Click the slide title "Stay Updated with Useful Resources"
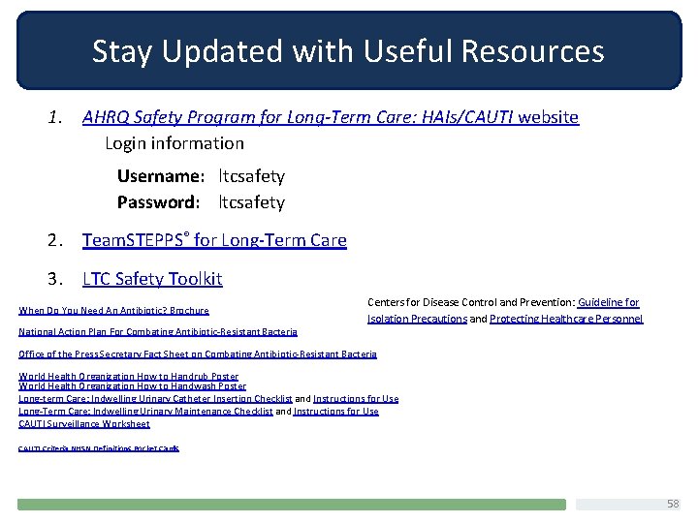pyautogui.click(x=348, y=51)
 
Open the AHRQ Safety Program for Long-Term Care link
pyautogui.click(x=330, y=117)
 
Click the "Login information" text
pyautogui.click(x=174, y=143)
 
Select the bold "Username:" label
pyautogui.click(x=160, y=176)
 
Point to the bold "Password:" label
pyautogui.click(x=158, y=202)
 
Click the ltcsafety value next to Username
pyautogui.click(x=251, y=176)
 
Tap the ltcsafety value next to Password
pyautogui.click(x=251, y=202)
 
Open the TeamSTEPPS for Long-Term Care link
pyautogui.click(x=214, y=240)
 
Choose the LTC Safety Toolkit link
pyautogui.click(x=152, y=279)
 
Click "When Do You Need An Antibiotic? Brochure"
pyautogui.click(x=113, y=310)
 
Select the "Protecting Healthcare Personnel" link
pyautogui.click(x=566, y=319)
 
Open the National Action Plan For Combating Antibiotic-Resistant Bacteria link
pyautogui.click(x=158, y=331)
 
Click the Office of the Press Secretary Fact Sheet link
pyautogui.click(x=198, y=354)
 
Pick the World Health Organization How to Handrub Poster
pyautogui.click(x=129, y=376)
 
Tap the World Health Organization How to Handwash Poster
pyautogui.click(x=133, y=385)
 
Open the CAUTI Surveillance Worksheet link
pyautogui.click(x=84, y=423)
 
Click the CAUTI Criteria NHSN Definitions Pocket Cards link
pyautogui.click(x=99, y=447)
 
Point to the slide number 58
pyautogui.click(x=674, y=505)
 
